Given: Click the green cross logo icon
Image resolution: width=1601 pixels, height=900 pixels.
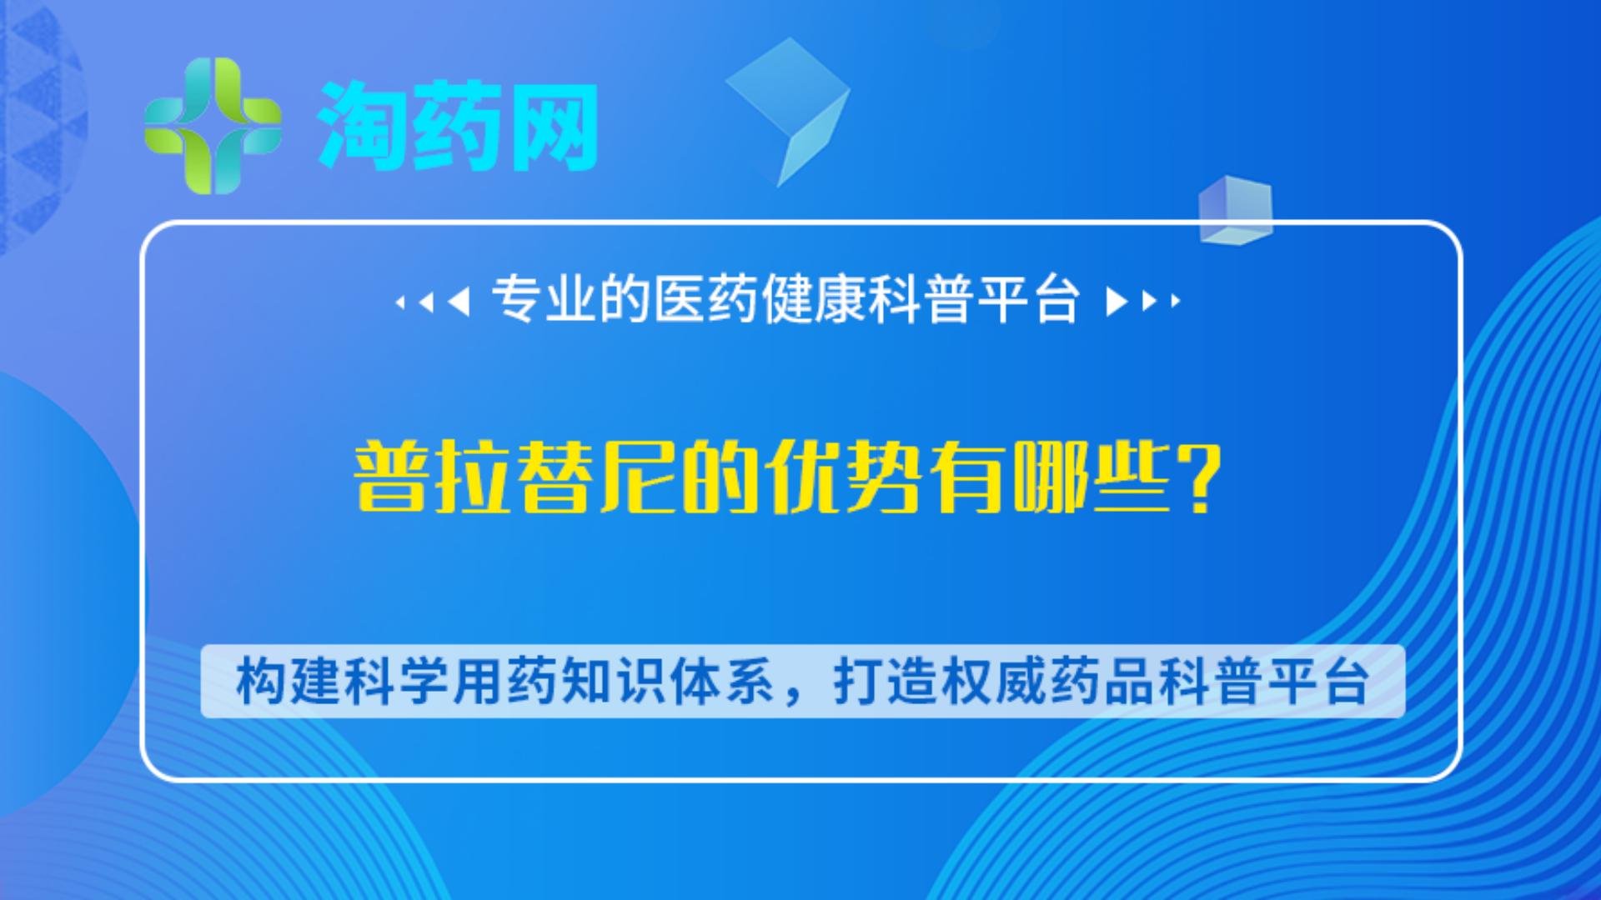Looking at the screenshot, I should point(213,126).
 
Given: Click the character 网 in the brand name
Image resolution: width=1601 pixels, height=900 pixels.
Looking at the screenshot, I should point(554,126).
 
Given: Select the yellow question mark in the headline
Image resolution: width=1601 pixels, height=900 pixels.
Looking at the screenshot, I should point(1201,478).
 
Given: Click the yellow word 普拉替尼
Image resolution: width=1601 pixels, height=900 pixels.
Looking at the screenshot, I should point(517,478).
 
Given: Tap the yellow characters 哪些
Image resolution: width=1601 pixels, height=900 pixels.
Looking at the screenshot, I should point(1092,478).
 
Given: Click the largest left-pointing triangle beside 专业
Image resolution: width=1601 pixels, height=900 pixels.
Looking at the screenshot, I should point(459,301).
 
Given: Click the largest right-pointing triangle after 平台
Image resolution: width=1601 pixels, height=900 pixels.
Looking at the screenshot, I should point(1116,301).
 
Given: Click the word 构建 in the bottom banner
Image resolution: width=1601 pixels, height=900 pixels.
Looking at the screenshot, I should point(289,682).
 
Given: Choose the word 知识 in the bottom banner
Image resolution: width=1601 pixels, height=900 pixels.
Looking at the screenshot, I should point(613,682).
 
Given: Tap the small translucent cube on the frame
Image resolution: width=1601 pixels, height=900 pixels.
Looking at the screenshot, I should point(1235,209).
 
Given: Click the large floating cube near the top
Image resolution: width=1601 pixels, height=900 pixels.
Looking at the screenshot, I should point(789,104).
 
